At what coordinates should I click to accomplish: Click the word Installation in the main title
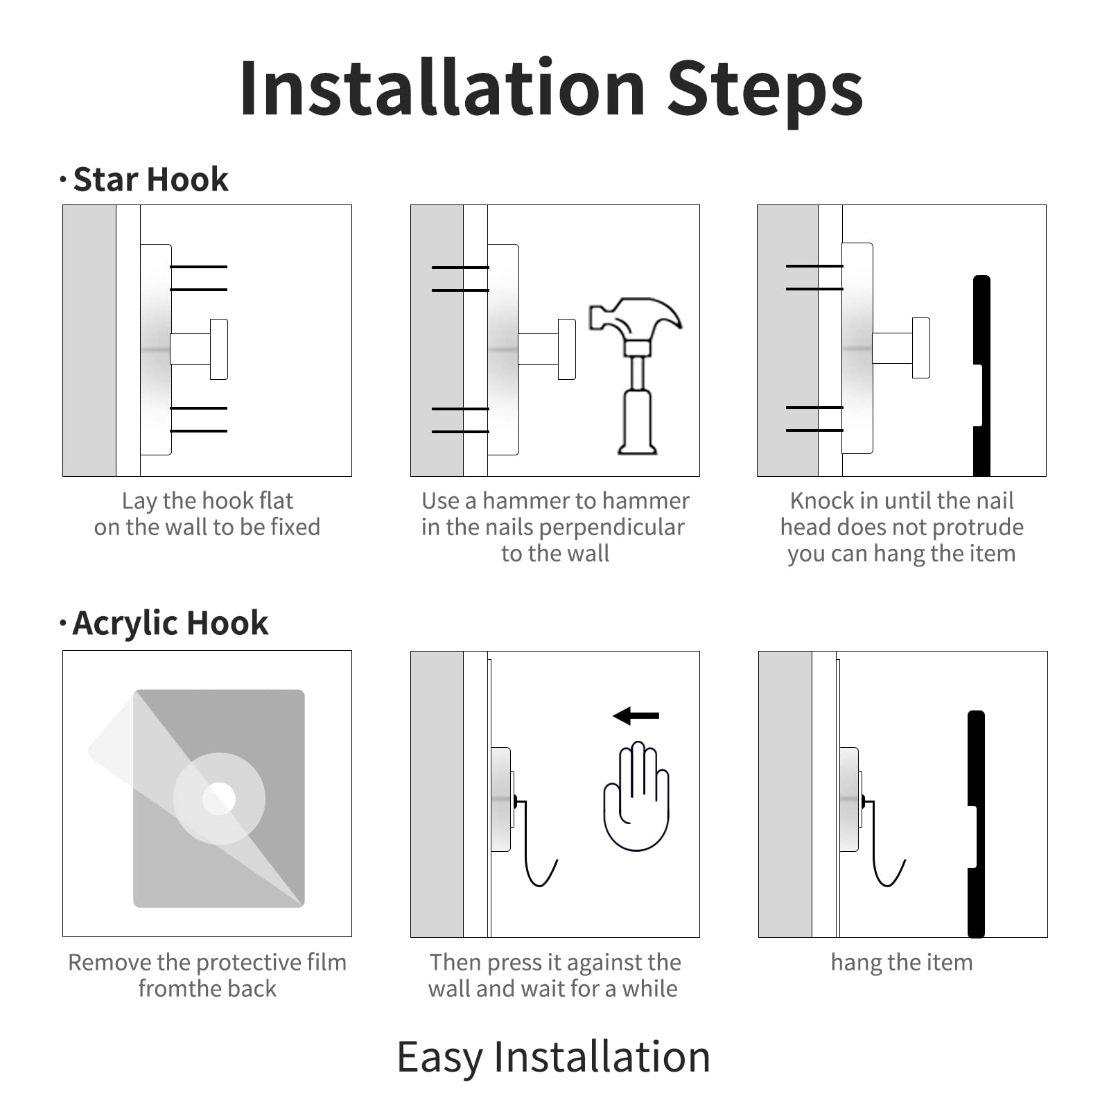443,88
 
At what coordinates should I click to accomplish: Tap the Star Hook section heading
150,180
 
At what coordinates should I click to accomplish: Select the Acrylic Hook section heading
170,623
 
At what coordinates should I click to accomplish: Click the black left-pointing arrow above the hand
636,715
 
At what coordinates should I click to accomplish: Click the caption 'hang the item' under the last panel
902,963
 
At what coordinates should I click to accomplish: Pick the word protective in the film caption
247,963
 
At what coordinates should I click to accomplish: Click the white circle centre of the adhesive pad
219,798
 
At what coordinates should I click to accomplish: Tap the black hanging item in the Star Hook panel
981,376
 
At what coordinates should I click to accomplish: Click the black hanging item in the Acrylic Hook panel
976,823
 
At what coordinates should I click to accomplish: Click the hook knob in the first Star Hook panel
219,349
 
